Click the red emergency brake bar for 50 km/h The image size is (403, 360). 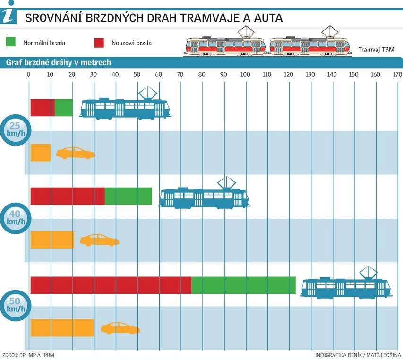tap(111, 285)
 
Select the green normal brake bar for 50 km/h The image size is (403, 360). tap(243, 285)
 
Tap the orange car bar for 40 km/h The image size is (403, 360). tap(52, 240)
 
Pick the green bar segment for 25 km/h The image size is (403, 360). tap(64, 108)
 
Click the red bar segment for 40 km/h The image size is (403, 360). tap(68, 196)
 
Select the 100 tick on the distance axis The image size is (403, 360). tap(245, 74)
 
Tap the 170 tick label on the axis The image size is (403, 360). tap(397, 74)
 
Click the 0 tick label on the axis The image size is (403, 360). tap(29, 74)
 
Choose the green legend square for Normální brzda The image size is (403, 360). tap(11, 43)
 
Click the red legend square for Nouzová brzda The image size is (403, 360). tap(99, 43)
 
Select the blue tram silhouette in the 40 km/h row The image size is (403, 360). tap(204, 198)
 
